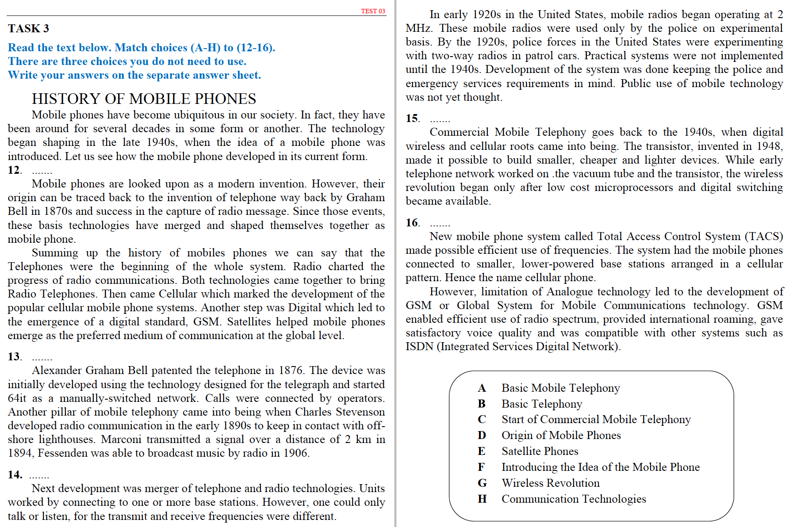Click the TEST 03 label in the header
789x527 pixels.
tap(373, 11)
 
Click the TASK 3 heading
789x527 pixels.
tap(28, 29)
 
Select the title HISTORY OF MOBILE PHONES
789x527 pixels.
tap(144, 99)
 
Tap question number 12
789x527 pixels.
tap(14, 170)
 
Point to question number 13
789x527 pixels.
tap(14, 357)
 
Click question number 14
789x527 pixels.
tap(15, 475)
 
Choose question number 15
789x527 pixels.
tap(412, 118)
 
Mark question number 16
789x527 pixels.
tap(412, 223)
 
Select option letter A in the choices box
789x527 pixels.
tap(482, 388)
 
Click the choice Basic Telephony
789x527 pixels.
tap(541, 404)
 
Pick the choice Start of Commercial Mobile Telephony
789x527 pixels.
tap(596, 420)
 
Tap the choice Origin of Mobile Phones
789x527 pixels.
tap(561, 435)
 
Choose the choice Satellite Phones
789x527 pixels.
tap(540, 451)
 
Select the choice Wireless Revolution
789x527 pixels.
tap(550, 483)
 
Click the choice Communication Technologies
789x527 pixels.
tap(573, 499)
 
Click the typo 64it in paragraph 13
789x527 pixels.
tap(17, 398)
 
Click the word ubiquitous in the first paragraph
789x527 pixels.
tap(199, 115)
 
